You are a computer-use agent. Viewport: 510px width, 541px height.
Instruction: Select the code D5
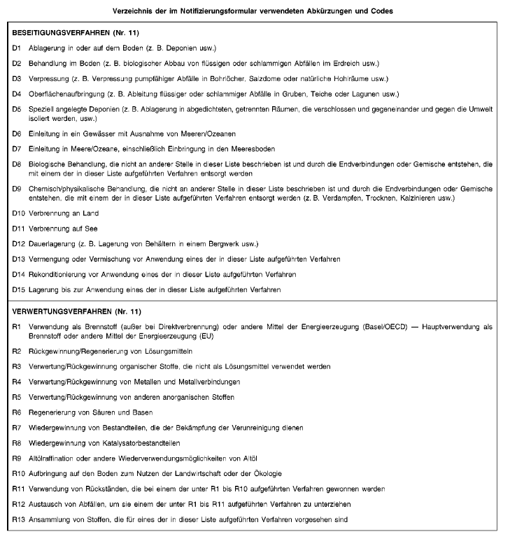(x=17, y=110)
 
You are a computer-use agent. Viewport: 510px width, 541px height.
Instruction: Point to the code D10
(x=18, y=212)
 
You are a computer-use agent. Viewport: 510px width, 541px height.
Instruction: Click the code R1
(x=17, y=326)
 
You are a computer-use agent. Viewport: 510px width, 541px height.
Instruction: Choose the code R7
(x=17, y=427)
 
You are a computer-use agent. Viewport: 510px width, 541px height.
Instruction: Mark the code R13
(x=19, y=519)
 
